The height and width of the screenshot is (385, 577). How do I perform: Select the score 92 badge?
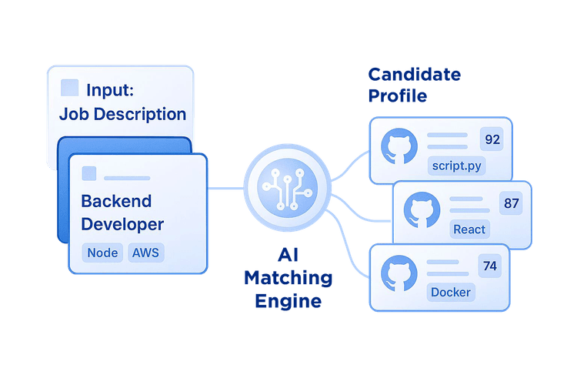(491, 140)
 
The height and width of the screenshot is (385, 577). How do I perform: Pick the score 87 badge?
(510, 203)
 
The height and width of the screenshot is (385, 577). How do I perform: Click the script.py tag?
(457, 166)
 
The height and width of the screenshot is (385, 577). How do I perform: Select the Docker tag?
(451, 292)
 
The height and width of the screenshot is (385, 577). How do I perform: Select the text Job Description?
(122, 115)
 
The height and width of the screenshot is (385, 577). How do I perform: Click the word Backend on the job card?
(116, 201)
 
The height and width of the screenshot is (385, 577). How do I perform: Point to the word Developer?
(122, 225)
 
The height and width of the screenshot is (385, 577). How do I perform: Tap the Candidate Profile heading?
(414, 85)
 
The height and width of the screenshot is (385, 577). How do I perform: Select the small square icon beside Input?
(69, 89)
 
